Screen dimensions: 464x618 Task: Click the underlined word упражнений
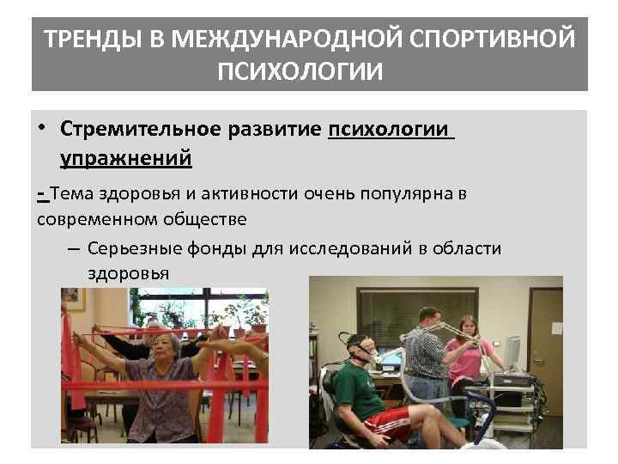(126, 158)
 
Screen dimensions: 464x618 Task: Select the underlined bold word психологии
(388, 130)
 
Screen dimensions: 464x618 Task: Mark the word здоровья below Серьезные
(128, 272)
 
